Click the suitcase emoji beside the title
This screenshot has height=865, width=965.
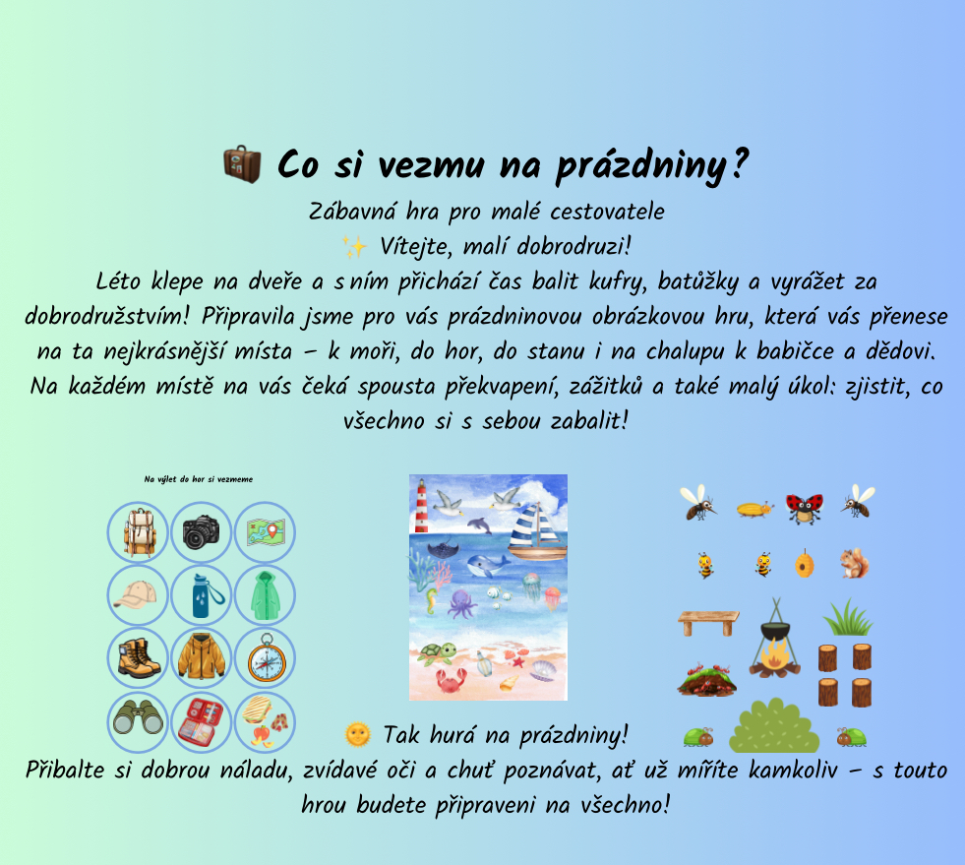242,163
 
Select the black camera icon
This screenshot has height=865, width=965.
201,532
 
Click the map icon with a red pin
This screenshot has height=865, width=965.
266,532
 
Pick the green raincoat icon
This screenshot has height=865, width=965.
266,595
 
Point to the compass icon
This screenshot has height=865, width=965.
267,657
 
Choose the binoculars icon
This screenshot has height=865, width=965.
138,716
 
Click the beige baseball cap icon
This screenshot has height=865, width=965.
135,594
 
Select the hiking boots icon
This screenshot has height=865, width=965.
139,658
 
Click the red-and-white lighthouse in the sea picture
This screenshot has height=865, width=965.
422,506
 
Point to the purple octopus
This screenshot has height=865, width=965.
461,604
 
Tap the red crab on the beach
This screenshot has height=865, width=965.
452,680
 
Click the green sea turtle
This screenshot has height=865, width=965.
437,653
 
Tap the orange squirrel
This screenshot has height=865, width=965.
854,563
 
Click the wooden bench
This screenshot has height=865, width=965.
708,623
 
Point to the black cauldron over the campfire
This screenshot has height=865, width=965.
775,631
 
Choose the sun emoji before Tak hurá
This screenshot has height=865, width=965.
357,734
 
